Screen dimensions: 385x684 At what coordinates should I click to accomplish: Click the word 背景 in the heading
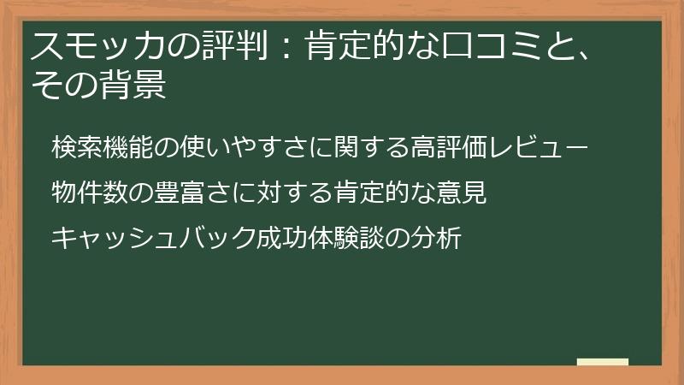[x=136, y=86]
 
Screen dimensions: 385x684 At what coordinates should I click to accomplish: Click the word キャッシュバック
[x=153, y=238]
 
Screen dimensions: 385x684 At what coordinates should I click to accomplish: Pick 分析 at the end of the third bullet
[x=435, y=238]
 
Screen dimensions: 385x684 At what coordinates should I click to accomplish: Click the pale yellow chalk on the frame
[x=603, y=363]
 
